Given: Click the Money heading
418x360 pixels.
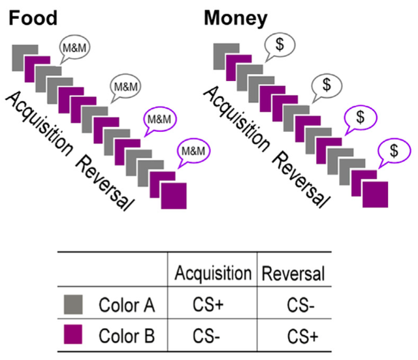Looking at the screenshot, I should [236, 18].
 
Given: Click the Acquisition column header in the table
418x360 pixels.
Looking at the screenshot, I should [212, 273].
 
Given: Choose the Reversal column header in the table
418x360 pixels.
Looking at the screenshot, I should [293, 273].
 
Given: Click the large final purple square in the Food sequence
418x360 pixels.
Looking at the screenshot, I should [173, 196].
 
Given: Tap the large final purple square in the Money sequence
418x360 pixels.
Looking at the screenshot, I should [375, 196].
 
